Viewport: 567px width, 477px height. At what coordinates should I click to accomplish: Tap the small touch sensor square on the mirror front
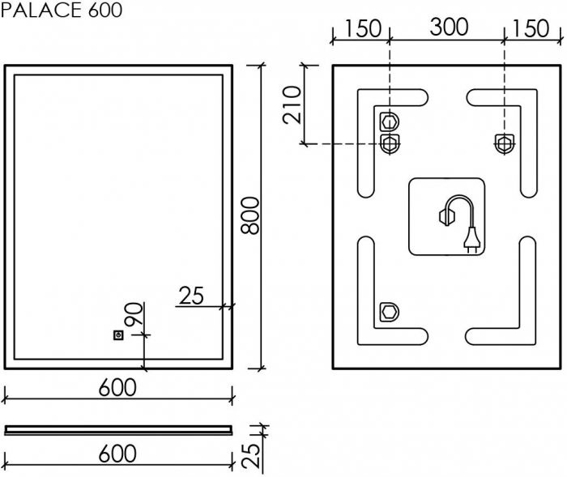[x=118, y=334]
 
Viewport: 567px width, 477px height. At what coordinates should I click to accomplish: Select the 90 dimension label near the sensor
[x=134, y=314]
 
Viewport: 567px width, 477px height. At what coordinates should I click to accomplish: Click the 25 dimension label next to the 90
[x=191, y=296]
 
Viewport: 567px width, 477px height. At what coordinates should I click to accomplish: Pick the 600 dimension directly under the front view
[x=117, y=389]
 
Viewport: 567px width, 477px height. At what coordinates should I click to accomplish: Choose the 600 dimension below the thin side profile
[x=117, y=454]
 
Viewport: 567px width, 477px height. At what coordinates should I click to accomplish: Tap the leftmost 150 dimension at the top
[x=362, y=28]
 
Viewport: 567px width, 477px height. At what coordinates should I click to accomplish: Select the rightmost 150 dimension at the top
[x=531, y=28]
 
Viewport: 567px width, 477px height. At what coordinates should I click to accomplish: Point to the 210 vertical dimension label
[x=293, y=104]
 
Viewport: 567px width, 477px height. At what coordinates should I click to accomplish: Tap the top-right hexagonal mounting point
[x=503, y=143]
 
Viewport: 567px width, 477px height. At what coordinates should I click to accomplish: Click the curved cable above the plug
[x=458, y=204]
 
